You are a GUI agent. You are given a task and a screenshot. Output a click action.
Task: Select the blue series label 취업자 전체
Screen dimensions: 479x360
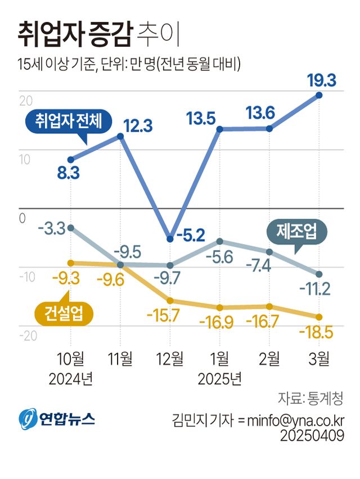pyautogui.click(x=69, y=121)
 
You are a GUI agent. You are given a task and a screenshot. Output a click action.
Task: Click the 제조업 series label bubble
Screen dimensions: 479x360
pyautogui.click(x=296, y=231)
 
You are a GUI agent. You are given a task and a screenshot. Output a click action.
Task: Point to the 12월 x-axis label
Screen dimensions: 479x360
pyautogui.click(x=169, y=358)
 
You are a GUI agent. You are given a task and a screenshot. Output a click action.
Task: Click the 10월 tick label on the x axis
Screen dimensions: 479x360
pyautogui.click(x=70, y=358)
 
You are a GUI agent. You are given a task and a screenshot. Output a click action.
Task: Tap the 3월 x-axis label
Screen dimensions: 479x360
pyautogui.click(x=319, y=358)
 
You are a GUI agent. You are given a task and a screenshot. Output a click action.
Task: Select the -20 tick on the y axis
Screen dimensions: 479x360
pyautogui.click(x=28, y=336)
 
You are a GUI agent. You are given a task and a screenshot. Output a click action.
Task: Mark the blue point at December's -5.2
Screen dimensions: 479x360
pyautogui.click(x=170, y=239)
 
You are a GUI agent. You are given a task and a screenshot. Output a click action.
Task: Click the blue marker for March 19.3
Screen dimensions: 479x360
pyautogui.click(x=319, y=95)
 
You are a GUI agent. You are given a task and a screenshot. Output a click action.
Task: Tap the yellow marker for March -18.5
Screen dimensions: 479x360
pyautogui.click(x=319, y=317)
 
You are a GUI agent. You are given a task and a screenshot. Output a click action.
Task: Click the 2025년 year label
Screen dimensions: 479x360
pyautogui.click(x=220, y=378)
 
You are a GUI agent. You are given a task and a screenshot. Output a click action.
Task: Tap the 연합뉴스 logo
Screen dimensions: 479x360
pyautogui.click(x=57, y=418)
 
